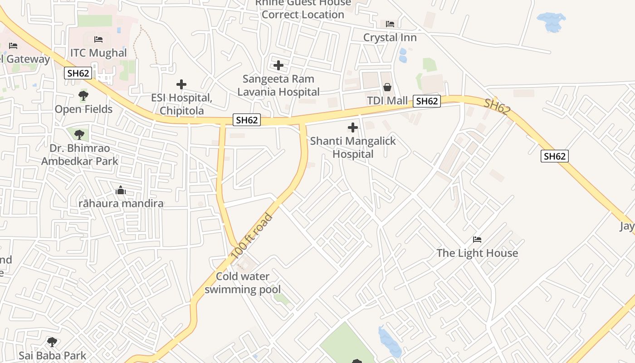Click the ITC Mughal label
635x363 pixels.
(x=98, y=53)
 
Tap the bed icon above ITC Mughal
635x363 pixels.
(x=98, y=40)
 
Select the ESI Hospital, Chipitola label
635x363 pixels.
(x=181, y=104)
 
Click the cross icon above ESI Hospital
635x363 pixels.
(x=181, y=84)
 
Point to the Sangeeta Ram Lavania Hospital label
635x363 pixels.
(x=278, y=85)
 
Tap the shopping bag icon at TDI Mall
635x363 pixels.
(x=387, y=87)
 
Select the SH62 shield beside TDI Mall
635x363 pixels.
(x=426, y=101)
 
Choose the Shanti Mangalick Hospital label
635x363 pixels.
(x=353, y=147)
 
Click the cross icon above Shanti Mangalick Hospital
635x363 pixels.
(x=353, y=128)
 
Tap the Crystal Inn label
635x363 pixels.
(x=390, y=38)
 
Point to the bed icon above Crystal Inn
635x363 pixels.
(x=390, y=24)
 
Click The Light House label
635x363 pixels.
(x=477, y=253)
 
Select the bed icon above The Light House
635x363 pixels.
(x=477, y=240)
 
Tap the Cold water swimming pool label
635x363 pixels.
(x=243, y=283)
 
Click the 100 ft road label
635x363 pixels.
(x=252, y=236)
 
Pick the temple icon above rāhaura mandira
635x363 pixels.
(x=121, y=191)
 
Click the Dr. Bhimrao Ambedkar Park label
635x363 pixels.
(x=79, y=155)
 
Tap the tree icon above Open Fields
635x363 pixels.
(x=83, y=96)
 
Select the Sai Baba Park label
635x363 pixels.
(x=52, y=355)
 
